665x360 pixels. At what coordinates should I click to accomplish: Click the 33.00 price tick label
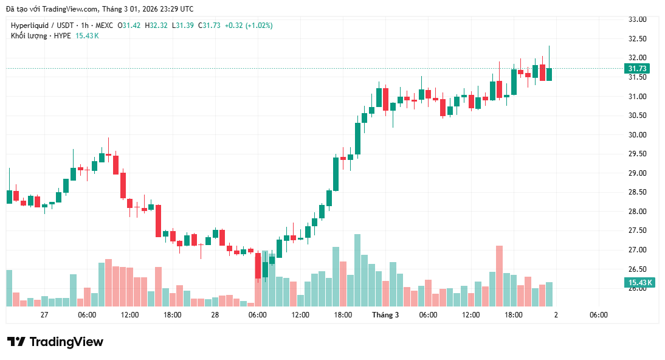[x=637, y=19]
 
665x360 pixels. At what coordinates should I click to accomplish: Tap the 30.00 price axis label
[x=637, y=135]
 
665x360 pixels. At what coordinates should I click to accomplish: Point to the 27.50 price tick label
[x=637, y=230]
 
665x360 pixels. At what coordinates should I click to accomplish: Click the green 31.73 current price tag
[x=638, y=69]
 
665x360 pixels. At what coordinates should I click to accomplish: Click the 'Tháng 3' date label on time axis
[x=385, y=315]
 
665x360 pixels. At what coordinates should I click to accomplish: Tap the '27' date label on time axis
[x=44, y=315]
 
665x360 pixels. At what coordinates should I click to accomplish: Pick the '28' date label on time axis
[x=215, y=315]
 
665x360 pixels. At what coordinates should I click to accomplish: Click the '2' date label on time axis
[x=556, y=315]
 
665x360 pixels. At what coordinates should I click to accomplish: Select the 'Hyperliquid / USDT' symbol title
[x=41, y=26]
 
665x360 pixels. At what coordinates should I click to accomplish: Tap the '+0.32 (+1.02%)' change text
[x=249, y=26]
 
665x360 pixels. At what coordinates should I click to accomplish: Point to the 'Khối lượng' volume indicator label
[x=29, y=36]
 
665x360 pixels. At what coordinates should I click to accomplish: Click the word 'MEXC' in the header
[x=105, y=26]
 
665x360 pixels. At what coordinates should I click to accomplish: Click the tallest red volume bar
[x=499, y=275]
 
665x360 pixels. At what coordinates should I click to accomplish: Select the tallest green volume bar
[x=357, y=270]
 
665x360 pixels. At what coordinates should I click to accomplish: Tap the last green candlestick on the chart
[x=549, y=74]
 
